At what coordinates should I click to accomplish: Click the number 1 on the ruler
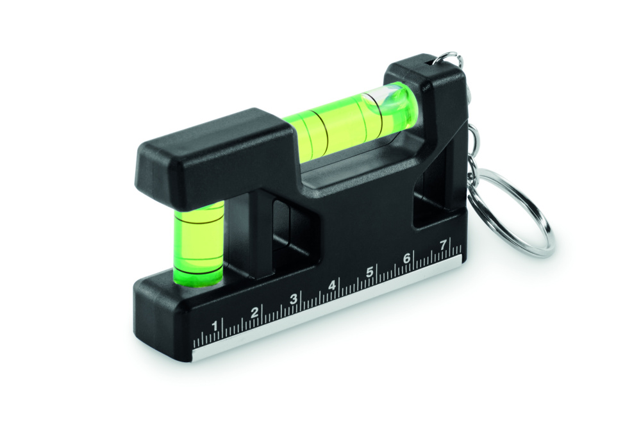click(x=215, y=326)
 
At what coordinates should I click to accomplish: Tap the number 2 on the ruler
click(x=254, y=312)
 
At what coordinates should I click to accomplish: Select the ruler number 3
click(x=294, y=299)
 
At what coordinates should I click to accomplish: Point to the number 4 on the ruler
click(x=332, y=285)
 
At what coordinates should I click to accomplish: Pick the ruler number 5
click(x=370, y=272)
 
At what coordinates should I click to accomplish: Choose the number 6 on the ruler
click(x=406, y=258)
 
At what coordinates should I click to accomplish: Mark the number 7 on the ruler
click(x=442, y=244)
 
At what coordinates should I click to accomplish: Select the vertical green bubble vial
click(x=198, y=240)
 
